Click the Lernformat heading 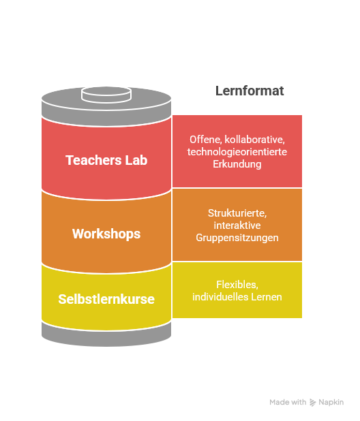[250, 91]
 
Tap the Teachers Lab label [106, 160]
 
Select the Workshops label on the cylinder [106, 234]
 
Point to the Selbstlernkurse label [106, 299]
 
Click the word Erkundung [237, 164]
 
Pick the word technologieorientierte [237, 152]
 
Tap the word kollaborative [254, 140]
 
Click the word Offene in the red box [205, 140]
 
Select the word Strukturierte [237, 213]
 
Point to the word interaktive [237, 225]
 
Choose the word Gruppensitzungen [237, 238]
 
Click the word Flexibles [237, 285]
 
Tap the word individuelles [220, 297]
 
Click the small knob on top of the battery [106, 95]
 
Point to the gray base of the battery [106, 335]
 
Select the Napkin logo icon [312, 402]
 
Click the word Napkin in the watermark [331, 402]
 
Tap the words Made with [288, 402]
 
